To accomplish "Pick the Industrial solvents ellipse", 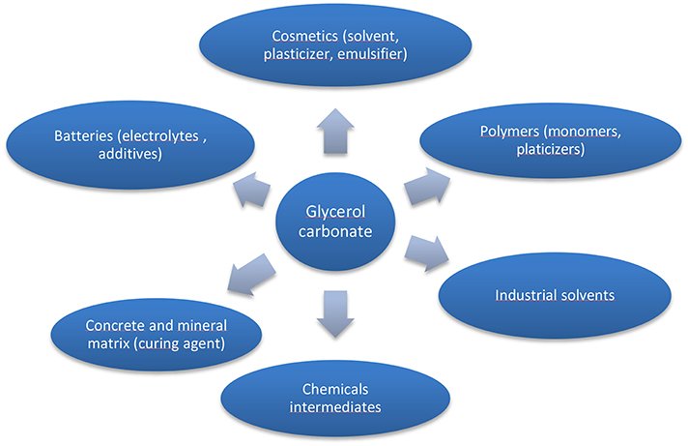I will tap(554, 294).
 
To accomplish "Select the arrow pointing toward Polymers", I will tap(425, 187).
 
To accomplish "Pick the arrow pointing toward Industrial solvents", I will tap(426, 253).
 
